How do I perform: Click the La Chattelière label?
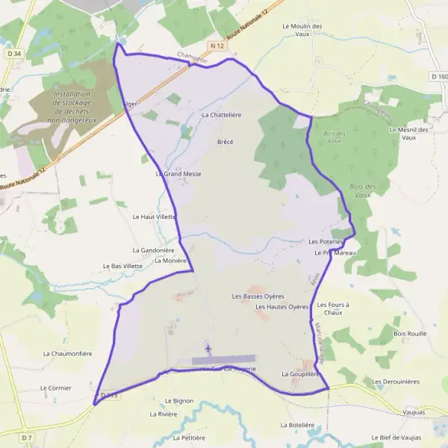point(222,115)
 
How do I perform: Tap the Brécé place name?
point(225,141)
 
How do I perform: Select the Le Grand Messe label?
point(179,173)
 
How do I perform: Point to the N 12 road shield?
point(217,46)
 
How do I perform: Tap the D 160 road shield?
point(438,76)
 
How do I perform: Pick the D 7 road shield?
point(27,436)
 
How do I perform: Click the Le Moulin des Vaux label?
point(302,30)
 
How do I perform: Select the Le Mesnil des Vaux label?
point(408,133)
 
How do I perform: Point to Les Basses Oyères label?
point(258,296)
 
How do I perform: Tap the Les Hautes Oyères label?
point(281,307)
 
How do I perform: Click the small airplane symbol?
point(208,348)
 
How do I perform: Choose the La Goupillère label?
point(301,373)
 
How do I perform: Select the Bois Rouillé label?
point(410,333)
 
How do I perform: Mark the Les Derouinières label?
point(396,381)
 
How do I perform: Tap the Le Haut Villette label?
point(154,217)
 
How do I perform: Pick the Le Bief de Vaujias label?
point(396,437)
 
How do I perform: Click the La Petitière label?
point(188,438)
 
